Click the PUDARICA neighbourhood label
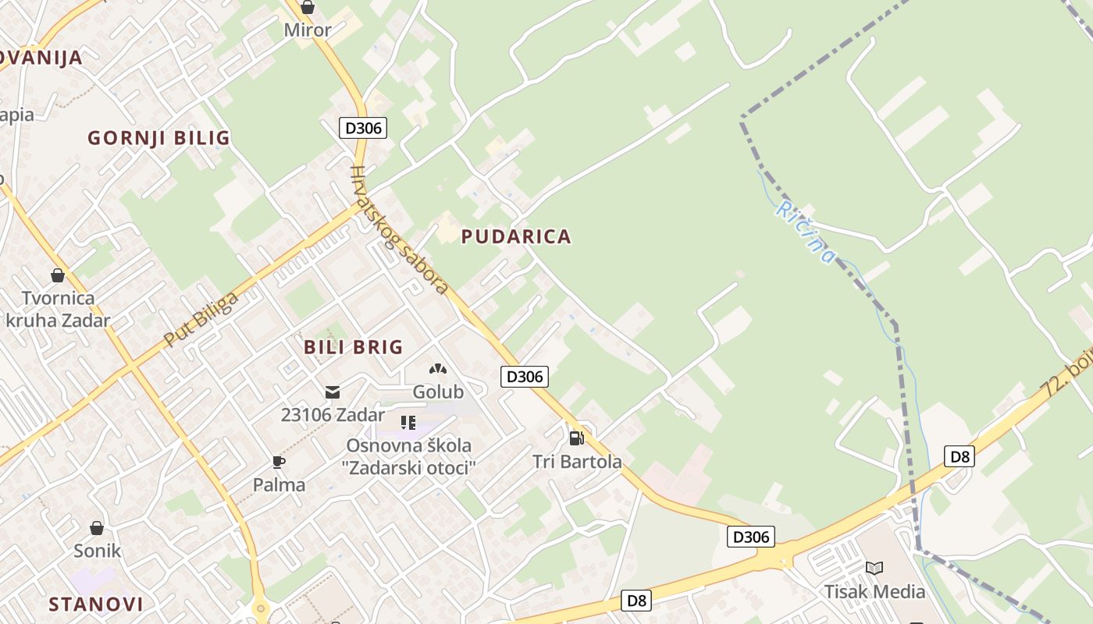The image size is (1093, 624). [x=516, y=236]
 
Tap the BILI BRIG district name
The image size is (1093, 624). [x=354, y=347]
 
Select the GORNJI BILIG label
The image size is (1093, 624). [x=158, y=138]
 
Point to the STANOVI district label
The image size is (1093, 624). [x=96, y=604]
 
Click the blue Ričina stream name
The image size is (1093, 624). [x=805, y=232]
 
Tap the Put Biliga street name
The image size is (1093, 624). [x=201, y=320]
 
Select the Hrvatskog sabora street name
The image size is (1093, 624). [x=399, y=231]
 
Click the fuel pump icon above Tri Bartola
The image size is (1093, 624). [x=577, y=438]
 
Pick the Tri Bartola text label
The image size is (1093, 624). [x=577, y=462]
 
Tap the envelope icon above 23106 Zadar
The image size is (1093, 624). [x=333, y=392]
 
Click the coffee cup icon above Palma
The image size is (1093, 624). [x=279, y=462]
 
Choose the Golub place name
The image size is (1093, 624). [x=438, y=392]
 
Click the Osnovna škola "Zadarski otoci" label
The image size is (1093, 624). [x=410, y=456]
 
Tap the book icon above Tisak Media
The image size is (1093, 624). [x=874, y=568]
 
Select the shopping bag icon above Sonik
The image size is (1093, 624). [x=97, y=528]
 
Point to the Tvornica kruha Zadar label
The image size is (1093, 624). [x=58, y=309]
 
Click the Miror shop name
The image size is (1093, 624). [x=308, y=30]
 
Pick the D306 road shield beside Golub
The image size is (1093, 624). [x=525, y=377]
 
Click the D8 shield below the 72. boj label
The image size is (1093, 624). [x=959, y=456]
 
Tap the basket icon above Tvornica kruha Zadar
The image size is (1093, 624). [x=58, y=275]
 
